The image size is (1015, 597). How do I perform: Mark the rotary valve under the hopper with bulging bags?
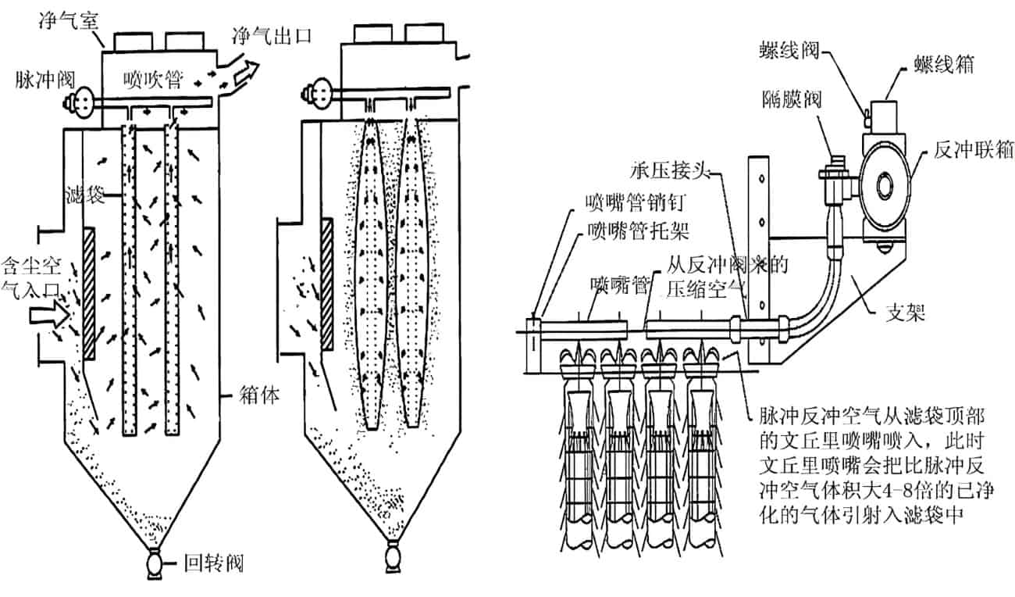[396, 560]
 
